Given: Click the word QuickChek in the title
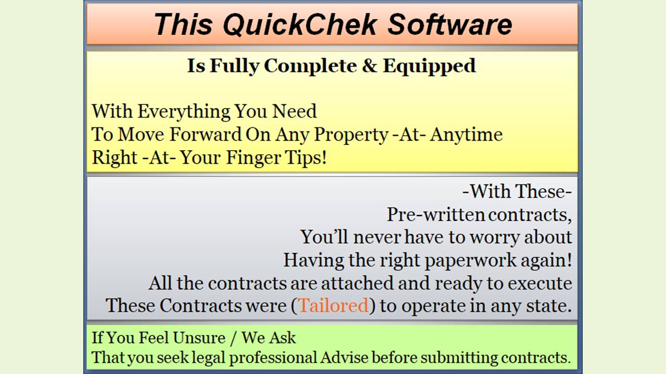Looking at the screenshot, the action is point(300,24).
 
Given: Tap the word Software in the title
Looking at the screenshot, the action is point(450,24).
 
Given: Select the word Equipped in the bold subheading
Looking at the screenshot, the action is point(430,66).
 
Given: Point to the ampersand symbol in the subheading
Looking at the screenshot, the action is point(369,65).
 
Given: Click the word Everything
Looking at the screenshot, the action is point(184,112).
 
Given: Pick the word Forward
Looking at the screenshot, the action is point(206,135).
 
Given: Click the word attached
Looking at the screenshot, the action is point(357,283).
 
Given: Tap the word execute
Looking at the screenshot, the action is point(540,284).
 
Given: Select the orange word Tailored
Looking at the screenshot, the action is point(334,305).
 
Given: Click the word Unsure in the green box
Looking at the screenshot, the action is point(199,338).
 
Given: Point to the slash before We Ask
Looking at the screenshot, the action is point(233,338).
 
